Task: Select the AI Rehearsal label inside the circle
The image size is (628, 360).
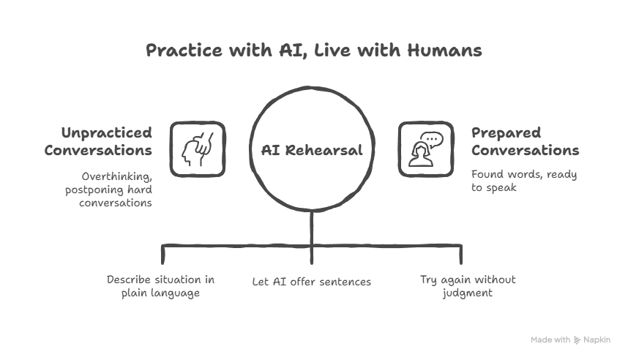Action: (312, 150)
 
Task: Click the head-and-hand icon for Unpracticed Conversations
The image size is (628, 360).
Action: (198, 149)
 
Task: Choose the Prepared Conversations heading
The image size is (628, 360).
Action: (525, 142)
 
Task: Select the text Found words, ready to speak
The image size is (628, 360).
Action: (523, 181)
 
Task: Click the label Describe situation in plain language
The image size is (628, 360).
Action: (160, 286)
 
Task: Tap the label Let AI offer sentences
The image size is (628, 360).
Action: (311, 281)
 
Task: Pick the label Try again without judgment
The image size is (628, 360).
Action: (467, 286)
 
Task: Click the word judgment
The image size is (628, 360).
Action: (467, 293)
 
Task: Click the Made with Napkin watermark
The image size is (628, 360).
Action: (570, 340)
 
